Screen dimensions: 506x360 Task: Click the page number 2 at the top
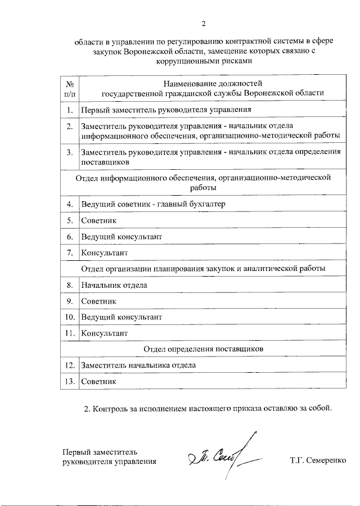(x=204, y=23)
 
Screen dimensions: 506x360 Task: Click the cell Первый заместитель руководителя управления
(x=165, y=110)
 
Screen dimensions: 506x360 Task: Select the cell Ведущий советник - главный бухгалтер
(x=153, y=204)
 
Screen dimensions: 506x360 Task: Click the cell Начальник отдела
(x=115, y=285)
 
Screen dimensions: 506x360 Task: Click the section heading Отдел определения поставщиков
(x=204, y=349)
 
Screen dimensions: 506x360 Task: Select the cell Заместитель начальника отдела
(x=138, y=365)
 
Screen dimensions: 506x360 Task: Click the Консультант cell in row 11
(x=105, y=333)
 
